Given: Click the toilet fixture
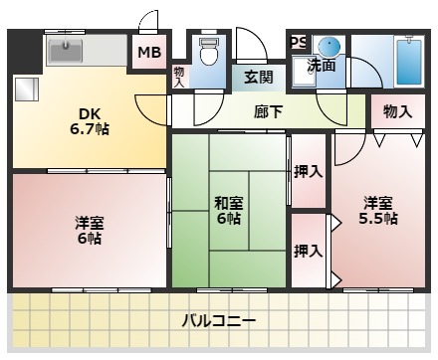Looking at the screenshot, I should click(209, 51).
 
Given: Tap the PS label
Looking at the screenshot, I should click(299, 41).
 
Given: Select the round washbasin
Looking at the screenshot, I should click(329, 47).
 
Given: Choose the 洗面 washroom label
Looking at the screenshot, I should click(320, 66).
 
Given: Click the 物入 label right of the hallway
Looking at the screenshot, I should click(397, 111).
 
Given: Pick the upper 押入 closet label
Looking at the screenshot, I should click(309, 171).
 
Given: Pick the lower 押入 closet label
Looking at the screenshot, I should click(309, 251).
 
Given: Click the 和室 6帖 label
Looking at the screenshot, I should click(228, 210).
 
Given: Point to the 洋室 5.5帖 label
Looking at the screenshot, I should click(378, 210).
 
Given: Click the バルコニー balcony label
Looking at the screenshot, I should click(219, 321).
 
